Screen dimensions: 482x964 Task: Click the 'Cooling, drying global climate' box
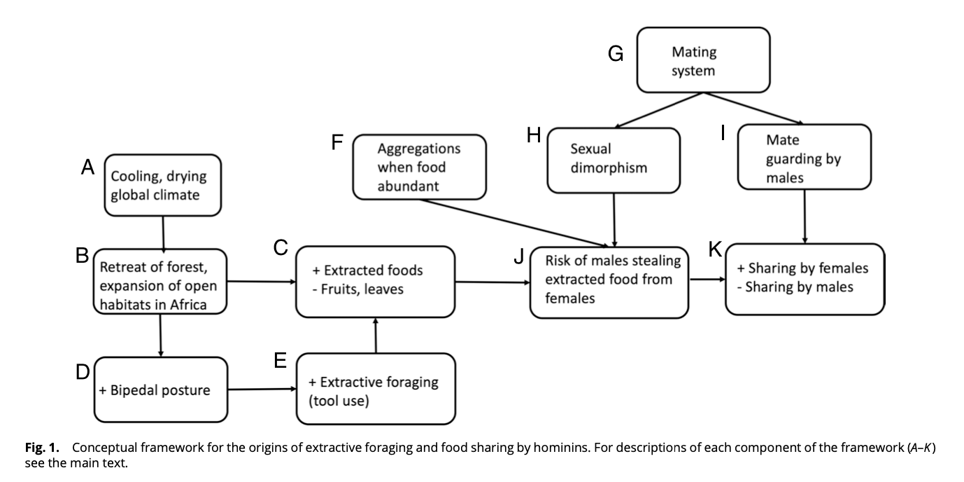(x=162, y=185)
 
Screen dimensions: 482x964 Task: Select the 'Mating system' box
(x=702, y=61)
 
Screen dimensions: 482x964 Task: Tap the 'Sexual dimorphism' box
(x=614, y=159)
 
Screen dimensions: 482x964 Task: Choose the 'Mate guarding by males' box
(x=804, y=158)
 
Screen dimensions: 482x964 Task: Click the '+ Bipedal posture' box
(x=161, y=390)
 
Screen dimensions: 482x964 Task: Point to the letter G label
(x=616, y=54)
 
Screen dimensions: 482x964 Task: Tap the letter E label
(x=281, y=361)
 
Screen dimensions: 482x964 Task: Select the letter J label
(x=519, y=257)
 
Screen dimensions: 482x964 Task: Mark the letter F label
(x=337, y=143)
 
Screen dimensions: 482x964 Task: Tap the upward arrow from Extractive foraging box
(x=376, y=336)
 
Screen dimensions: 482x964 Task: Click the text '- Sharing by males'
(x=799, y=287)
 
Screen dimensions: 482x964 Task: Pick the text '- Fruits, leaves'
(x=358, y=289)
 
